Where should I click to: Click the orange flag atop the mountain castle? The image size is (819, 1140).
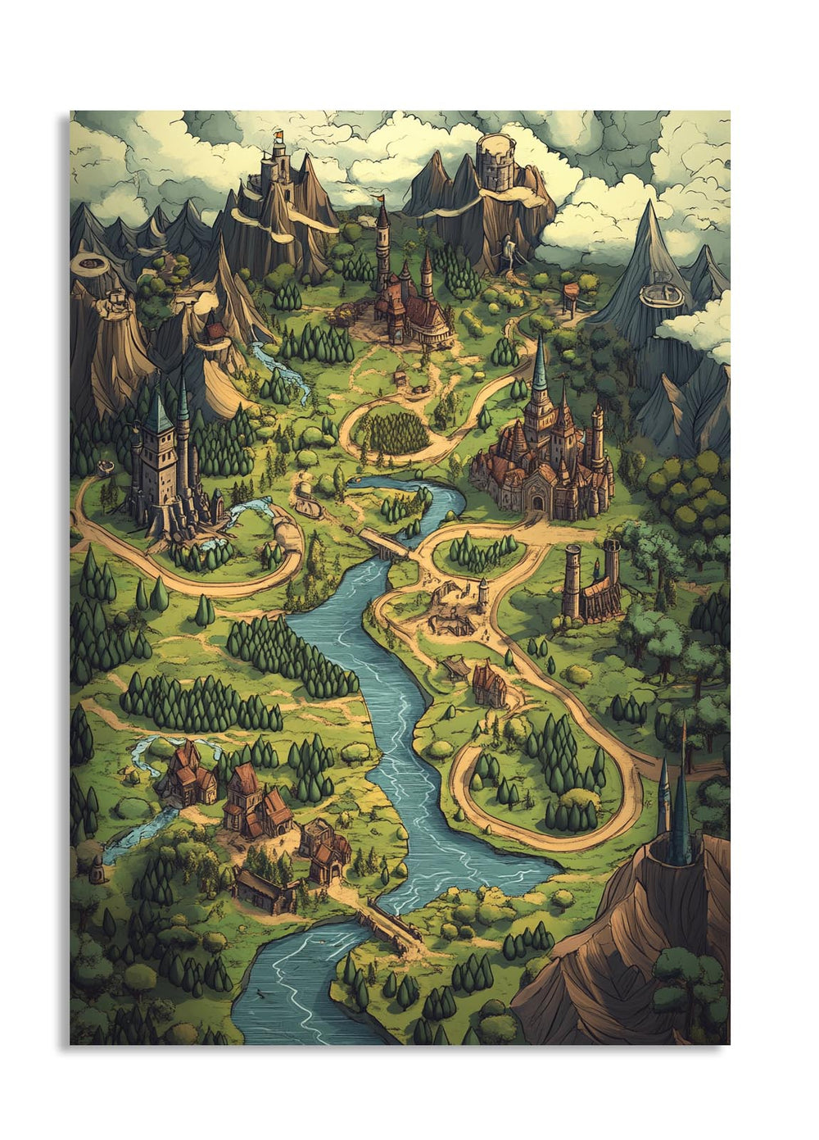(x=278, y=135)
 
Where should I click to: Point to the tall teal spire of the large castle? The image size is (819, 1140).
(x=539, y=366)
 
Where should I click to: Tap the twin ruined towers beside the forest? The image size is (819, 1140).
(x=591, y=579)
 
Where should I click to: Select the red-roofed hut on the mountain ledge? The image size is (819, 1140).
(x=215, y=331)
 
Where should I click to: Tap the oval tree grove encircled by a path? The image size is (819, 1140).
(x=394, y=432)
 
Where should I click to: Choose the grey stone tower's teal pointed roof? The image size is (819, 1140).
(x=159, y=410)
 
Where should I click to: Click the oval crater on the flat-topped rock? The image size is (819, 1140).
(x=87, y=263)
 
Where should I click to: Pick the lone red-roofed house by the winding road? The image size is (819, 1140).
(x=489, y=684)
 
